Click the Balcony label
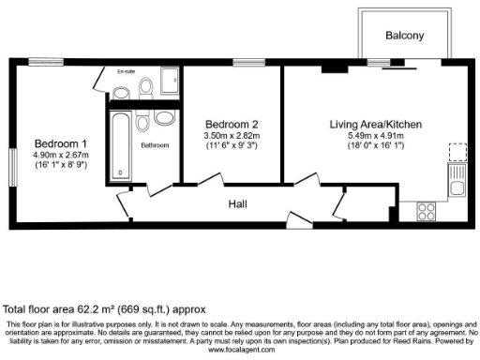[x=405, y=37]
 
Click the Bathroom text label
[x=156, y=145]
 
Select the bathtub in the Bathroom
[x=123, y=146]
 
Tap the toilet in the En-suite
[x=145, y=86]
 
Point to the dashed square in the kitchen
[x=457, y=151]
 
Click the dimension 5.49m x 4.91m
[x=375, y=136]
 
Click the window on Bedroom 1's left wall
[x=11, y=167]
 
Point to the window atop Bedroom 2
[x=246, y=65]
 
